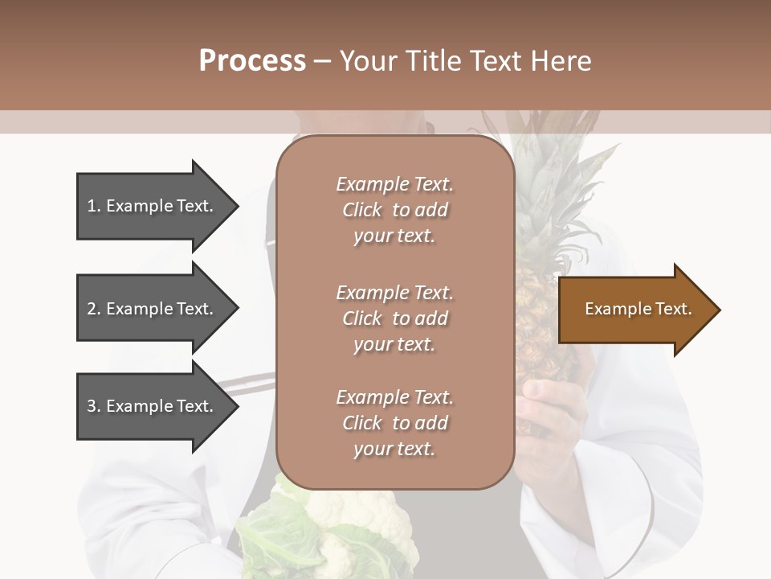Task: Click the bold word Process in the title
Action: (x=252, y=61)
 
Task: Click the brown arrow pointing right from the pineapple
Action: (x=634, y=310)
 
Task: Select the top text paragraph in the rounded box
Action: (x=394, y=210)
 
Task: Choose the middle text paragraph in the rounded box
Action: (x=394, y=318)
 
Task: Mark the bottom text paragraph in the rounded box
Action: (x=394, y=423)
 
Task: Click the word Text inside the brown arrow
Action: (x=675, y=309)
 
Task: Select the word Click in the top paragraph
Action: (x=362, y=210)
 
